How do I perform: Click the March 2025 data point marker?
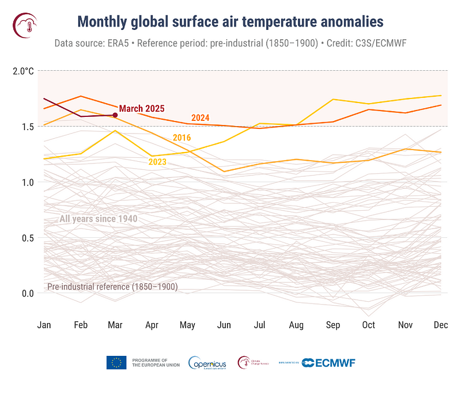pos(115,115)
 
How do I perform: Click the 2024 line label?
pos(201,118)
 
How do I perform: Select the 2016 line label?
pos(182,137)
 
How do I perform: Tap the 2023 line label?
pos(157,162)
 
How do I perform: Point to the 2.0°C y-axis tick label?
pos(23,71)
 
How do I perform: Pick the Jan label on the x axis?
pos(44,325)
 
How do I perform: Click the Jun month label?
pos(224,325)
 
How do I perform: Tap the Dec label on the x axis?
pos(441,325)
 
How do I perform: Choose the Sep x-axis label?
pos(332,325)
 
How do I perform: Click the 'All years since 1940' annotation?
pos(98,219)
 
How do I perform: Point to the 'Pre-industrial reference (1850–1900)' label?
pos(112,286)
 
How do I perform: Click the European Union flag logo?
pos(116,362)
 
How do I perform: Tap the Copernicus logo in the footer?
pos(207,363)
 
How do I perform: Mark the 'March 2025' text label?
pos(142,108)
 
